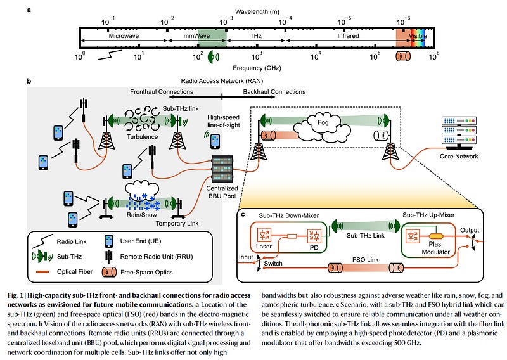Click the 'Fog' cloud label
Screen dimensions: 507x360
tap(323, 122)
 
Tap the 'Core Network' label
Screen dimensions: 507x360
tap(458, 156)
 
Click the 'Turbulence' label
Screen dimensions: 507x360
tap(142, 137)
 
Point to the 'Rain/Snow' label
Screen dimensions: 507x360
tap(141, 215)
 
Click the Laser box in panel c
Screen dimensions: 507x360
tap(264, 235)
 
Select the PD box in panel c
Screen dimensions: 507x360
tap(314, 236)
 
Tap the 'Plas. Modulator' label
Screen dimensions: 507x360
tap(435, 248)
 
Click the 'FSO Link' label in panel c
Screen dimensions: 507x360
tap(366, 260)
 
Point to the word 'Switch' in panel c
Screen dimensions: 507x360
tap(273, 264)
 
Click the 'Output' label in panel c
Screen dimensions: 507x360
tap(470, 230)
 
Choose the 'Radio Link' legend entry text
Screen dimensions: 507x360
tap(72, 241)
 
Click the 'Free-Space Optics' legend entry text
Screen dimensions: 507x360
tap(146, 273)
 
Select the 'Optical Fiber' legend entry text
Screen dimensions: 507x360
tap(75, 272)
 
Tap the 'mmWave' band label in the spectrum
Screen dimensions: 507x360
tap(196, 36)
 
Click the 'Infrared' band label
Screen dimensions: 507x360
tap(348, 36)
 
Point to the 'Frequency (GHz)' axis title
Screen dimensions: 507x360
tap(257, 68)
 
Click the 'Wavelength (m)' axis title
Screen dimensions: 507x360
tap(257, 12)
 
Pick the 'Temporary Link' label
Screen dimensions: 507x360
tap(177, 224)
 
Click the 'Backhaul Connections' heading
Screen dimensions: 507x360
tap(274, 92)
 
